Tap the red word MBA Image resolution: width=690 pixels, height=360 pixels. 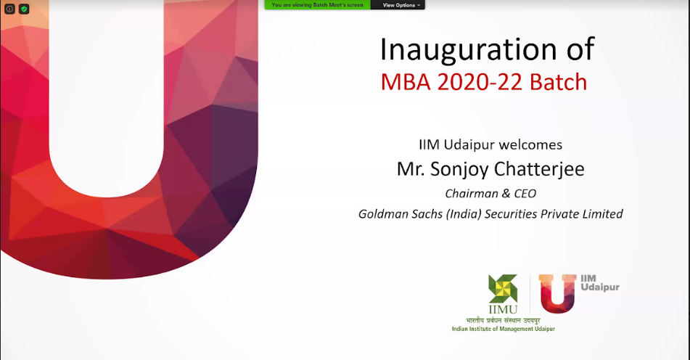click(x=406, y=82)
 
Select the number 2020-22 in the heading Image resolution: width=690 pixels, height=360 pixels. click(x=480, y=82)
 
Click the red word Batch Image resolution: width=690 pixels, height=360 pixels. click(x=559, y=82)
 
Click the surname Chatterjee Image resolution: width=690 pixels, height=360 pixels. click(x=539, y=169)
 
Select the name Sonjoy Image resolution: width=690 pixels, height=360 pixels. click(x=459, y=170)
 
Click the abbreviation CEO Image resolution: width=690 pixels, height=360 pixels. click(x=525, y=194)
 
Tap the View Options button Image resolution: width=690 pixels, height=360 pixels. click(x=398, y=5)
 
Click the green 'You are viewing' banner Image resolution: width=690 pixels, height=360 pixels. click(x=318, y=5)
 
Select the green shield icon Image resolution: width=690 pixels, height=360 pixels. click(x=24, y=9)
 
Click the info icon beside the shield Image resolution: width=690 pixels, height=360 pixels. click(x=9, y=9)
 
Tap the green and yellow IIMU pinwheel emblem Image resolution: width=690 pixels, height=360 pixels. click(x=503, y=289)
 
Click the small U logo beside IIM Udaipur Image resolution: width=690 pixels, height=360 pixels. click(x=557, y=293)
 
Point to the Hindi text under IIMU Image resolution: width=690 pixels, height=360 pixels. click(x=503, y=320)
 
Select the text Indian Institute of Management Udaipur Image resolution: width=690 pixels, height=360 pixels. click(x=504, y=329)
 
